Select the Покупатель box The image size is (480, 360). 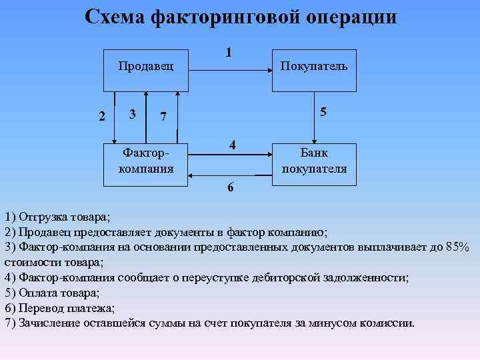click(313, 69)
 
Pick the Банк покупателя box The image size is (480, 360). click(313, 163)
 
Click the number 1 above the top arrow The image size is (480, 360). click(229, 52)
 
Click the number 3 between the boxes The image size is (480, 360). click(133, 114)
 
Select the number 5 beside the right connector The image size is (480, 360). click(323, 113)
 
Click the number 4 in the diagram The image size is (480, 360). click(231, 145)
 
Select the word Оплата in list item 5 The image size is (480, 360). click(38, 293)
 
